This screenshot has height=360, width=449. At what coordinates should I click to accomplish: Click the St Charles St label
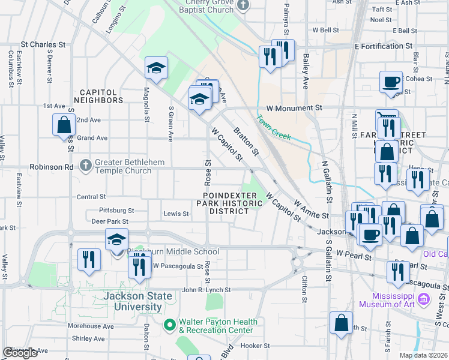point(43,44)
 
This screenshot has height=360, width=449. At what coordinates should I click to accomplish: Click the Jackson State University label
point(133,301)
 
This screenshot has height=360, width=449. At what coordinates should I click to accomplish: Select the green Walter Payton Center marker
point(169,325)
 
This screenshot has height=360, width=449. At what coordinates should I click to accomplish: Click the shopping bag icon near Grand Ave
point(64,126)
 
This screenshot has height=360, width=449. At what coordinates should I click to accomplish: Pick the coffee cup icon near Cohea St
point(391,82)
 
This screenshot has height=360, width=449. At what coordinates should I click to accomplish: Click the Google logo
point(20,353)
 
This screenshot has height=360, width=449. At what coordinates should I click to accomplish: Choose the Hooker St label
point(255,346)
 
